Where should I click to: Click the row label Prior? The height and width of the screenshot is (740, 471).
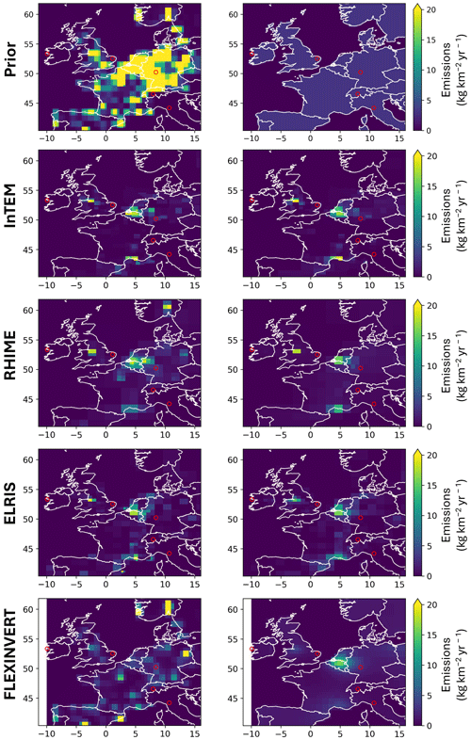coord(10,60)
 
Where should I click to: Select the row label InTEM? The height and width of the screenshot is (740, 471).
coord(10,206)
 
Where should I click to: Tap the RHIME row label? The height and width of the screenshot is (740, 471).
coord(10,355)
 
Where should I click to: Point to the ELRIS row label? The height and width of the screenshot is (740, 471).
coord(10,505)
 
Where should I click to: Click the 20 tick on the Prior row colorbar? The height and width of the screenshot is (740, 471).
coord(430,10)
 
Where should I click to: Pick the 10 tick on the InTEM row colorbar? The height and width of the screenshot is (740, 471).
coord(430,217)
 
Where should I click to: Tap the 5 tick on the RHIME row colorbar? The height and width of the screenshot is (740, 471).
coord(429,396)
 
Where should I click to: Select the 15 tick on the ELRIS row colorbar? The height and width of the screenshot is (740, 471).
coord(430,485)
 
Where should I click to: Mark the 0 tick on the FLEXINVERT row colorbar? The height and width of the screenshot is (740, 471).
coord(429,725)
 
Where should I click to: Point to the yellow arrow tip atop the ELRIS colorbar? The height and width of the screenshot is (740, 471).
coord(416,453)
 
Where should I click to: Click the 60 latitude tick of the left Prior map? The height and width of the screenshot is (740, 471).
coord(29,14)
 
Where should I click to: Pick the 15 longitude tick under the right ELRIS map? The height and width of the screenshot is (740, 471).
coord(399,585)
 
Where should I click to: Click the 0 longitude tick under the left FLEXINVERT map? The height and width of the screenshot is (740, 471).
coord(106,733)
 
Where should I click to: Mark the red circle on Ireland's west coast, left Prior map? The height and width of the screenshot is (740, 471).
coord(47,54)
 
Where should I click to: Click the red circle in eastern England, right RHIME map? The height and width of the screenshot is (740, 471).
coord(317,354)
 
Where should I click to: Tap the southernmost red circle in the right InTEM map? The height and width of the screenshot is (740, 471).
coord(374,254)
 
